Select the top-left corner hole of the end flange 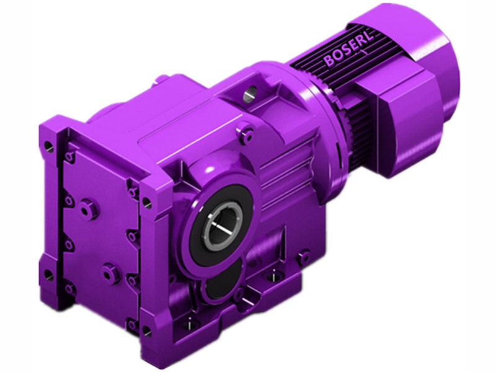click(x=49, y=147)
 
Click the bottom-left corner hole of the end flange click(x=48, y=273)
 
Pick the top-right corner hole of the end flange click(x=147, y=201)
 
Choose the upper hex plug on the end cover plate click(x=92, y=209)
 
